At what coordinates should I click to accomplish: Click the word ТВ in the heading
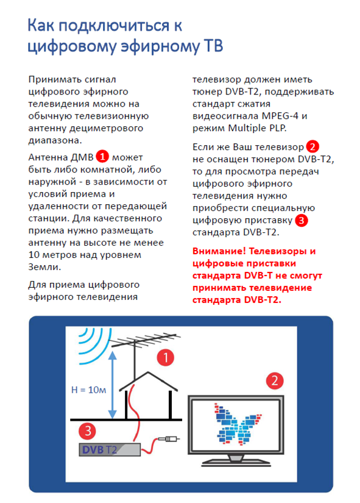pyautogui.click(x=213, y=46)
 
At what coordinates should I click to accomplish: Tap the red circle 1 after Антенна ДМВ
pyautogui.click(x=102, y=157)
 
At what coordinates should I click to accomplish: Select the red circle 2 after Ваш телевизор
pyautogui.click(x=312, y=146)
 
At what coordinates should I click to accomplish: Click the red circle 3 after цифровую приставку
pyautogui.click(x=301, y=220)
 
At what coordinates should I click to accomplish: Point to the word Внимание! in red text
pyautogui.click(x=219, y=251)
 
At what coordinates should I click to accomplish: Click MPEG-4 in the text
pyautogui.click(x=280, y=116)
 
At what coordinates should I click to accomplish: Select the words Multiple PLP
pyautogui.click(x=257, y=128)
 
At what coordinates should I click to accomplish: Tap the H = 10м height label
pyautogui.click(x=88, y=390)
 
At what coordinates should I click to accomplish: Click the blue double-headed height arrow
pyautogui.click(x=112, y=385)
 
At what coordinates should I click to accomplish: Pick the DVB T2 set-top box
pyautogui.click(x=110, y=450)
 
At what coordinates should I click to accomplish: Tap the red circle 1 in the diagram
pyautogui.click(x=166, y=357)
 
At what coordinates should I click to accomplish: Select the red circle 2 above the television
pyautogui.click(x=275, y=381)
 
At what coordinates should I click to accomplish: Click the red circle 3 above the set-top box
pyautogui.click(x=87, y=431)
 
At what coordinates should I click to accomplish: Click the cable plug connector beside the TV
pyautogui.click(x=169, y=439)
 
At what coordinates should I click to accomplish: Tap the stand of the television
pyautogui.click(x=236, y=460)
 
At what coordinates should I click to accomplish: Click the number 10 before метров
pyautogui.click(x=34, y=255)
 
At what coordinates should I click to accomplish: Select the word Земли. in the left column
pyautogui.click(x=44, y=267)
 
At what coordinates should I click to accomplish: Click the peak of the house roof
pyautogui.click(x=148, y=372)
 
